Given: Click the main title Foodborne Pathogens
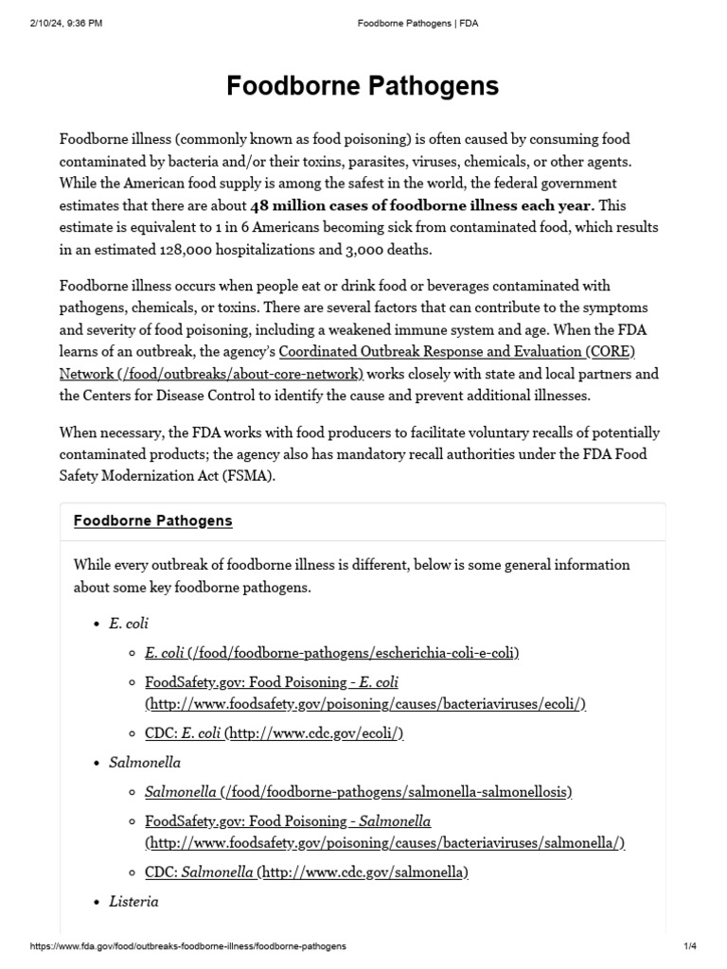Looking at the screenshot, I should pyautogui.click(x=363, y=86).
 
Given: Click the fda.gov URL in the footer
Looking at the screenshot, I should pyautogui.click(x=188, y=946).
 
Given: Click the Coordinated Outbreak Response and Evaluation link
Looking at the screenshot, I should pyautogui.click(x=457, y=352).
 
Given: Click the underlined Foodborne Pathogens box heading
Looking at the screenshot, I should pyautogui.click(x=152, y=521).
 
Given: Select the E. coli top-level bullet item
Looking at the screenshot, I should pyautogui.click(x=129, y=624).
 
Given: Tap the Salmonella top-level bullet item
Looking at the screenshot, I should pyautogui.click(x=145, y=762).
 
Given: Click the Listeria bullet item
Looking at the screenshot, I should pyautogui.click(x=133, y=902).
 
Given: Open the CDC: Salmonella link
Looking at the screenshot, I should pyautogui.click(x=306, y=872).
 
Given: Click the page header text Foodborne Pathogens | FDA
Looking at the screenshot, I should pyautogui.click(x=417, y=23).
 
